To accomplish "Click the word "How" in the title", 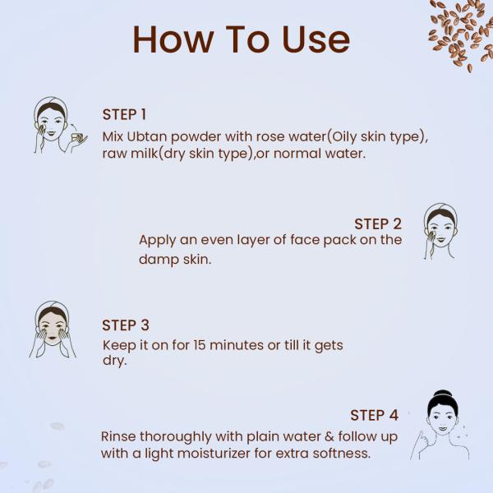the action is pyautogui.click(x=173, y=39).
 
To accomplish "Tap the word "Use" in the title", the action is pyautogui.click(x=316, y=39).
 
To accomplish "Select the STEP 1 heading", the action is pyautogui.click(x=124, y=114).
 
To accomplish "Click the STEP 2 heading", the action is pyautogui.click(x=378, y=223).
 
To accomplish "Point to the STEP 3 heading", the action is pyautogui.click(x=126, y=325).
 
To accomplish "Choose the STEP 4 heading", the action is pyautogui.click(x=374, y=415).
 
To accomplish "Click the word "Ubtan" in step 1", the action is pyautogui.click(x=147, y=136).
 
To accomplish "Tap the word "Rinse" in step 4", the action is pyautogui.click(x=118, y=437).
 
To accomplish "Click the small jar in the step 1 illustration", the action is pyautogui.click(x=76, y=136).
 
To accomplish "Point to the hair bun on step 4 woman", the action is pyautogui.click(x=442, y=394).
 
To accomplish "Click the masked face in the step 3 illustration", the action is pyautogui.click(x=53, y=329).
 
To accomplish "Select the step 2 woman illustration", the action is pyautogui.click(x=440, y=231).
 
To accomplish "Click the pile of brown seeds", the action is pyautogui.click(x=461, y=33).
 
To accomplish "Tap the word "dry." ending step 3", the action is pyautogui.click(x=114, y=361).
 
